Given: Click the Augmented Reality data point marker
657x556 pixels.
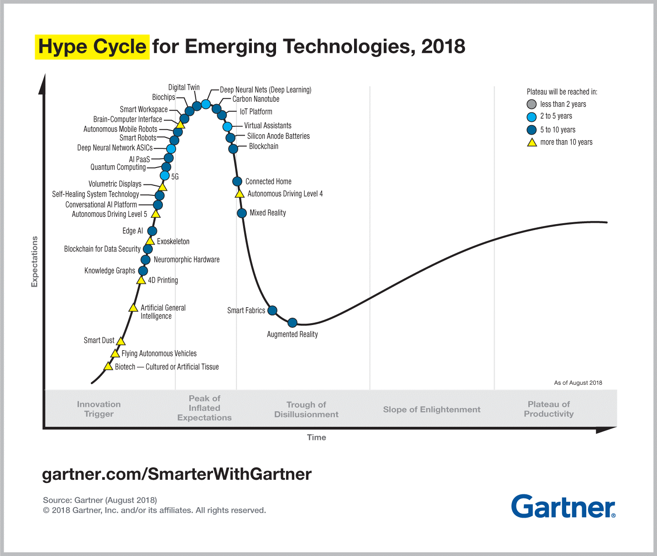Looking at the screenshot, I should coord(292,323).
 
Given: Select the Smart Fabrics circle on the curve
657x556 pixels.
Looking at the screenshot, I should coord(272,310).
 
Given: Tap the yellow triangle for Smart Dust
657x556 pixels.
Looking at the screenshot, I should coord(120,341).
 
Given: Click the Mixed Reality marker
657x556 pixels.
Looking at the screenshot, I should coord(242,213).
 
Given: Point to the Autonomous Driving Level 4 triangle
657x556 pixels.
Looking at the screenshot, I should coord(240,194).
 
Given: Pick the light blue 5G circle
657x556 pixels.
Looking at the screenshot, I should coord(165,176).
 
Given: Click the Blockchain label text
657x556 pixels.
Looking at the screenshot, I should coord(263,147).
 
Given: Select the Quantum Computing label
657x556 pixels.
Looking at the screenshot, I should coord(118,167).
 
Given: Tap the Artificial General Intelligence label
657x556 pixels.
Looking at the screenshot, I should coord(163,312).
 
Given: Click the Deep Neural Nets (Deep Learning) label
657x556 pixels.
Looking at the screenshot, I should coord(266,90).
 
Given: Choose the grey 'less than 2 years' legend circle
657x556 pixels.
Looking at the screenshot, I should coord(532,104).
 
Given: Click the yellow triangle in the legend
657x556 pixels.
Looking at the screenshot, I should coord(532,142).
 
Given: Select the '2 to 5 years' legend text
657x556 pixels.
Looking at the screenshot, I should coord(556,116).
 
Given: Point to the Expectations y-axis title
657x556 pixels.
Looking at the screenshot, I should coord(35,262).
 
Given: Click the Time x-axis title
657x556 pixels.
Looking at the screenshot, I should coord(316,437).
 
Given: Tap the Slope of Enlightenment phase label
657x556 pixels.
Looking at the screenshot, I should coord(432,409).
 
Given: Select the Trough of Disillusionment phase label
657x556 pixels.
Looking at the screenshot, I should coord(306,409).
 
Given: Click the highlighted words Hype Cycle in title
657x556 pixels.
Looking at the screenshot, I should coord(92,47).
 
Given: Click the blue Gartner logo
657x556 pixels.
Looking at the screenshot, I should coord(563,506).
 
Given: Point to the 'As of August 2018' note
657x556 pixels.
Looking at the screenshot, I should coord(578,383).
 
